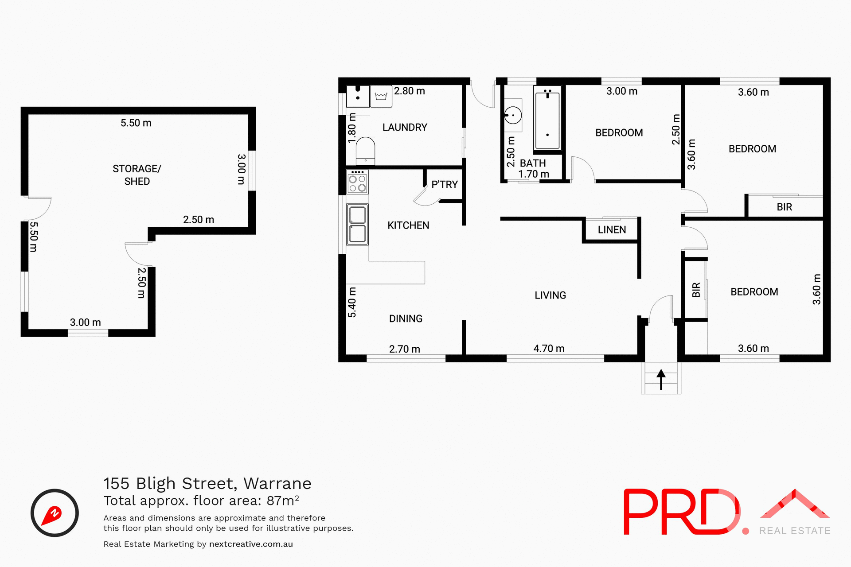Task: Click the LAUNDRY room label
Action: tap(405, 128)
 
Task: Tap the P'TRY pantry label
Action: tap(445, 184)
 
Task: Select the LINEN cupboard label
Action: tap(612, 229)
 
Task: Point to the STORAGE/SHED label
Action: tap(137, 175)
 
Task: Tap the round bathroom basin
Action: tap(513, 115)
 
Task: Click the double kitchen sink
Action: tap(357, 225)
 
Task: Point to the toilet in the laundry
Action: tap(365, 151)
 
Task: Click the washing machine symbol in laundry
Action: tap(381, 96)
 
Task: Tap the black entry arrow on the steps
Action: tap(661, 379)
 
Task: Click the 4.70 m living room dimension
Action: tap(549, 349)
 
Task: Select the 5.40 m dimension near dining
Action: tap(352, 302)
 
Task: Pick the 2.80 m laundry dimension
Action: tap(410, 91)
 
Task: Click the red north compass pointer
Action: tap(52, 515)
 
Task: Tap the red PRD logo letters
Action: tap(681, 512)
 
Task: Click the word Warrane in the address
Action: tap(277, 483)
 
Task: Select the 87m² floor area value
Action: tap(283, 501)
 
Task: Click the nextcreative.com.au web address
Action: tap(251, 544)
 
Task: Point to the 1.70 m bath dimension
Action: tap(534, 175)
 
